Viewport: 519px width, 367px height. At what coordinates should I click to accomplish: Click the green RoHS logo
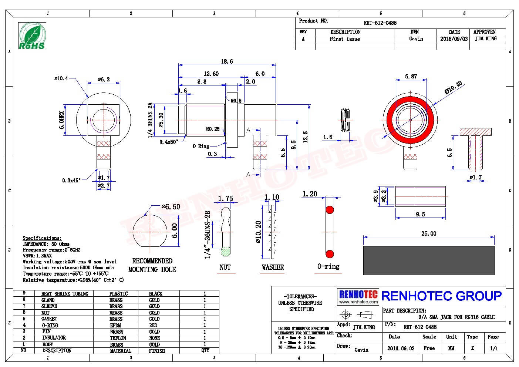(32, 36)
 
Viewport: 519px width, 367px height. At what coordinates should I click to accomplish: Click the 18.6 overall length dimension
(226, 61)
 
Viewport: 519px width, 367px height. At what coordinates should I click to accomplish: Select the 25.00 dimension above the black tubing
(429, 233)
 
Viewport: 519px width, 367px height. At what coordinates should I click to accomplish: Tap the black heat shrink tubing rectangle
(429, 260)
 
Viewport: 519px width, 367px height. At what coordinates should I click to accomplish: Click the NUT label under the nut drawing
(225, 267)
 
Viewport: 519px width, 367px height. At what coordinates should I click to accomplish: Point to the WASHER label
(273, 267)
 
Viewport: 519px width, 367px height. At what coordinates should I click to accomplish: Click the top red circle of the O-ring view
(329, 210)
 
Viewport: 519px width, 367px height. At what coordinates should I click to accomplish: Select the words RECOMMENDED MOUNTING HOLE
(152, 265)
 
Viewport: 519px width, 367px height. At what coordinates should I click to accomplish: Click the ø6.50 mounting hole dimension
(171, 207)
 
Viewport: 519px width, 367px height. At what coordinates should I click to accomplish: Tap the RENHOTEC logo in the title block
(358, 296)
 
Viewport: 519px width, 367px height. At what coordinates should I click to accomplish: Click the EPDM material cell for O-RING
(115, 326)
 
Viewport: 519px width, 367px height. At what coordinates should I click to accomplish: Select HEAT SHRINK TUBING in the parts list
(65, 294)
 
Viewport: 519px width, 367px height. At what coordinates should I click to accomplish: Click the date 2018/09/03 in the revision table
(454, 39)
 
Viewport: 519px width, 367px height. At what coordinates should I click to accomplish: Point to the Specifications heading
(42, 238)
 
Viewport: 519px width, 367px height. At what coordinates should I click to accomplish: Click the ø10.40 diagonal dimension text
(454, 88)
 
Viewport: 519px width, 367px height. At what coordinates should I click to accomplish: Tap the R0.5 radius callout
(236, 101)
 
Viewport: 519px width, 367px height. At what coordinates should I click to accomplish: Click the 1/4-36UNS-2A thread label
(150, 120)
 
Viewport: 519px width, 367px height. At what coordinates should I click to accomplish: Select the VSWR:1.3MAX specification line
(37, 256)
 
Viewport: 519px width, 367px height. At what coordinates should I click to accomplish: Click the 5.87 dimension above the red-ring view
(411, 76)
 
